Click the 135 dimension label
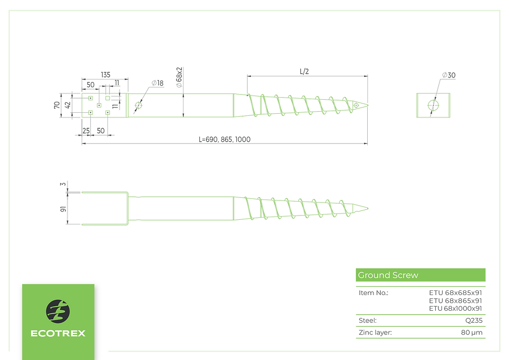[105, 75]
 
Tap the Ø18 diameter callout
[157, 83]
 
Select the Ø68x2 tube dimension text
[179, 77]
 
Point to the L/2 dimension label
[304, 71]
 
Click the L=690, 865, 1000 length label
[224, 139]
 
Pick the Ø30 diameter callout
[449, 75]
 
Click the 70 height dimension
[57, 105]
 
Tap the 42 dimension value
[68, 105]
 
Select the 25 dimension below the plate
[86, 130]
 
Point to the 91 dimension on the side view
[63, 209]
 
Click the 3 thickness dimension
[63, 184]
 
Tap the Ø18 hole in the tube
[139, 105]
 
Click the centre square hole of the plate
[99, 105]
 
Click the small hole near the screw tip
[356, 105]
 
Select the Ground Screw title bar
[420, 275]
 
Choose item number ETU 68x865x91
[456, 301]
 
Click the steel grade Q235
[474, 321]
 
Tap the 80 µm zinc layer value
[472, 332]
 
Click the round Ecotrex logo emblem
[58, 311]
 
